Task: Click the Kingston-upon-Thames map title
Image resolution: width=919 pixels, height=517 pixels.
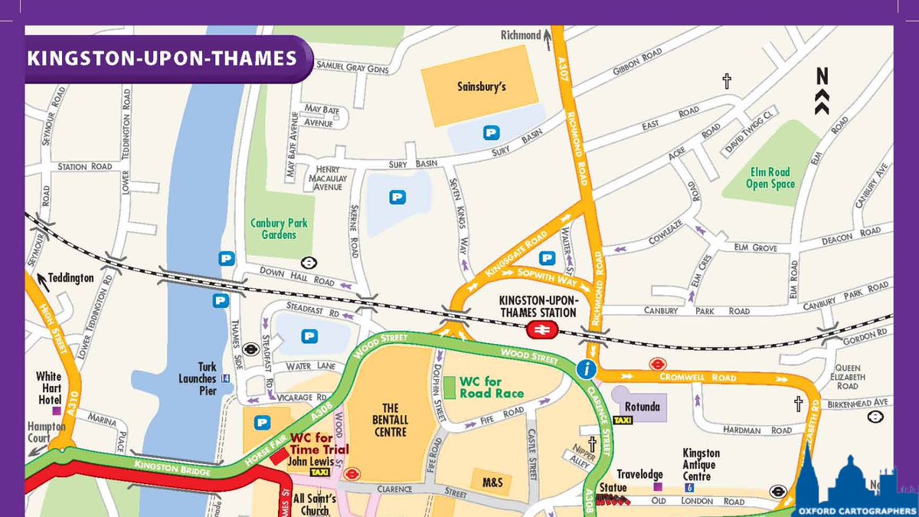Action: pos(162,58)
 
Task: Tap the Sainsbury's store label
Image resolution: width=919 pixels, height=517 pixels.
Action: pos(482,87)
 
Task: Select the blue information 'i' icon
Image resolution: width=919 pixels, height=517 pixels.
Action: pos(587,370)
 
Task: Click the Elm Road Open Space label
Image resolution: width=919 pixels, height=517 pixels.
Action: pos(770,178)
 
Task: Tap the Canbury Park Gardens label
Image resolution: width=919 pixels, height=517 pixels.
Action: pos(279,228)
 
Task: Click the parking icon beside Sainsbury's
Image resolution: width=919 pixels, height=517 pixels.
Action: pos(491,133)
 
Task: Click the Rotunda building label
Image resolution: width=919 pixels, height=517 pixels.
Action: pos(642,406)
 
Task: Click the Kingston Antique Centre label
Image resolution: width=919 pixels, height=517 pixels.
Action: pos(701,464)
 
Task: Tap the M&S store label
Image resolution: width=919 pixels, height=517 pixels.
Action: pos(492,483)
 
